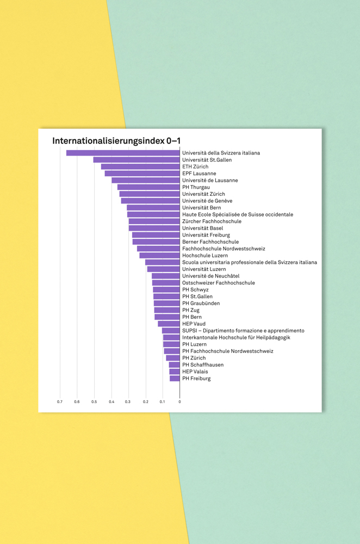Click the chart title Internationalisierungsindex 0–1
pos(116,141)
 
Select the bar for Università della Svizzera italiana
pos(123,153)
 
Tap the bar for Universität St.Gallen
pos(136,160)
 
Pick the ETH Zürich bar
pos(140,166)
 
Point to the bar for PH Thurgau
pos(148,187)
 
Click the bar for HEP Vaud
pos(169,324)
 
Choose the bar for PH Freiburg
pos(175,378)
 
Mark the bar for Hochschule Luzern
pos(159,255)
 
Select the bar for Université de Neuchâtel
pos(166,276)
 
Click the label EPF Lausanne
pos(199,174)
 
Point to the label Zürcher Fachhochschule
pos(212,221)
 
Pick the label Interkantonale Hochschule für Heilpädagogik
pos(236,337)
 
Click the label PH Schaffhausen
pos(203,364)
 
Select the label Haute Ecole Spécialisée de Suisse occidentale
pos(238,214)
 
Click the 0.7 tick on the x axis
pos(60,402)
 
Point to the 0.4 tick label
pos(111,402)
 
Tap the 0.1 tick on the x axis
pos(162,402)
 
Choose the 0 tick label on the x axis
pos(179,402)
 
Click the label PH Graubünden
pos(201,303)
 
